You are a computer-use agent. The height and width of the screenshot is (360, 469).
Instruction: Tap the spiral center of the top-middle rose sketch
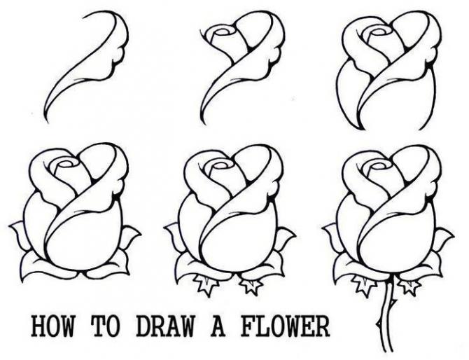coord(223,32)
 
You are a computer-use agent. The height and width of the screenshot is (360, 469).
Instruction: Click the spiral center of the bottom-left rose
coord(67,165)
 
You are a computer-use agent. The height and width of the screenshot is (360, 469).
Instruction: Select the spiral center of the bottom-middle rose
coord(222,165)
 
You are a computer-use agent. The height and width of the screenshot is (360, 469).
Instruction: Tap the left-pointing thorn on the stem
coord(379,324)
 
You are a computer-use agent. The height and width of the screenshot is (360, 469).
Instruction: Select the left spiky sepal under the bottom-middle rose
coord(204,284)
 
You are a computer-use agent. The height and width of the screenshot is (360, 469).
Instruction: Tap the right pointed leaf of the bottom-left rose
coord(129,237)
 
